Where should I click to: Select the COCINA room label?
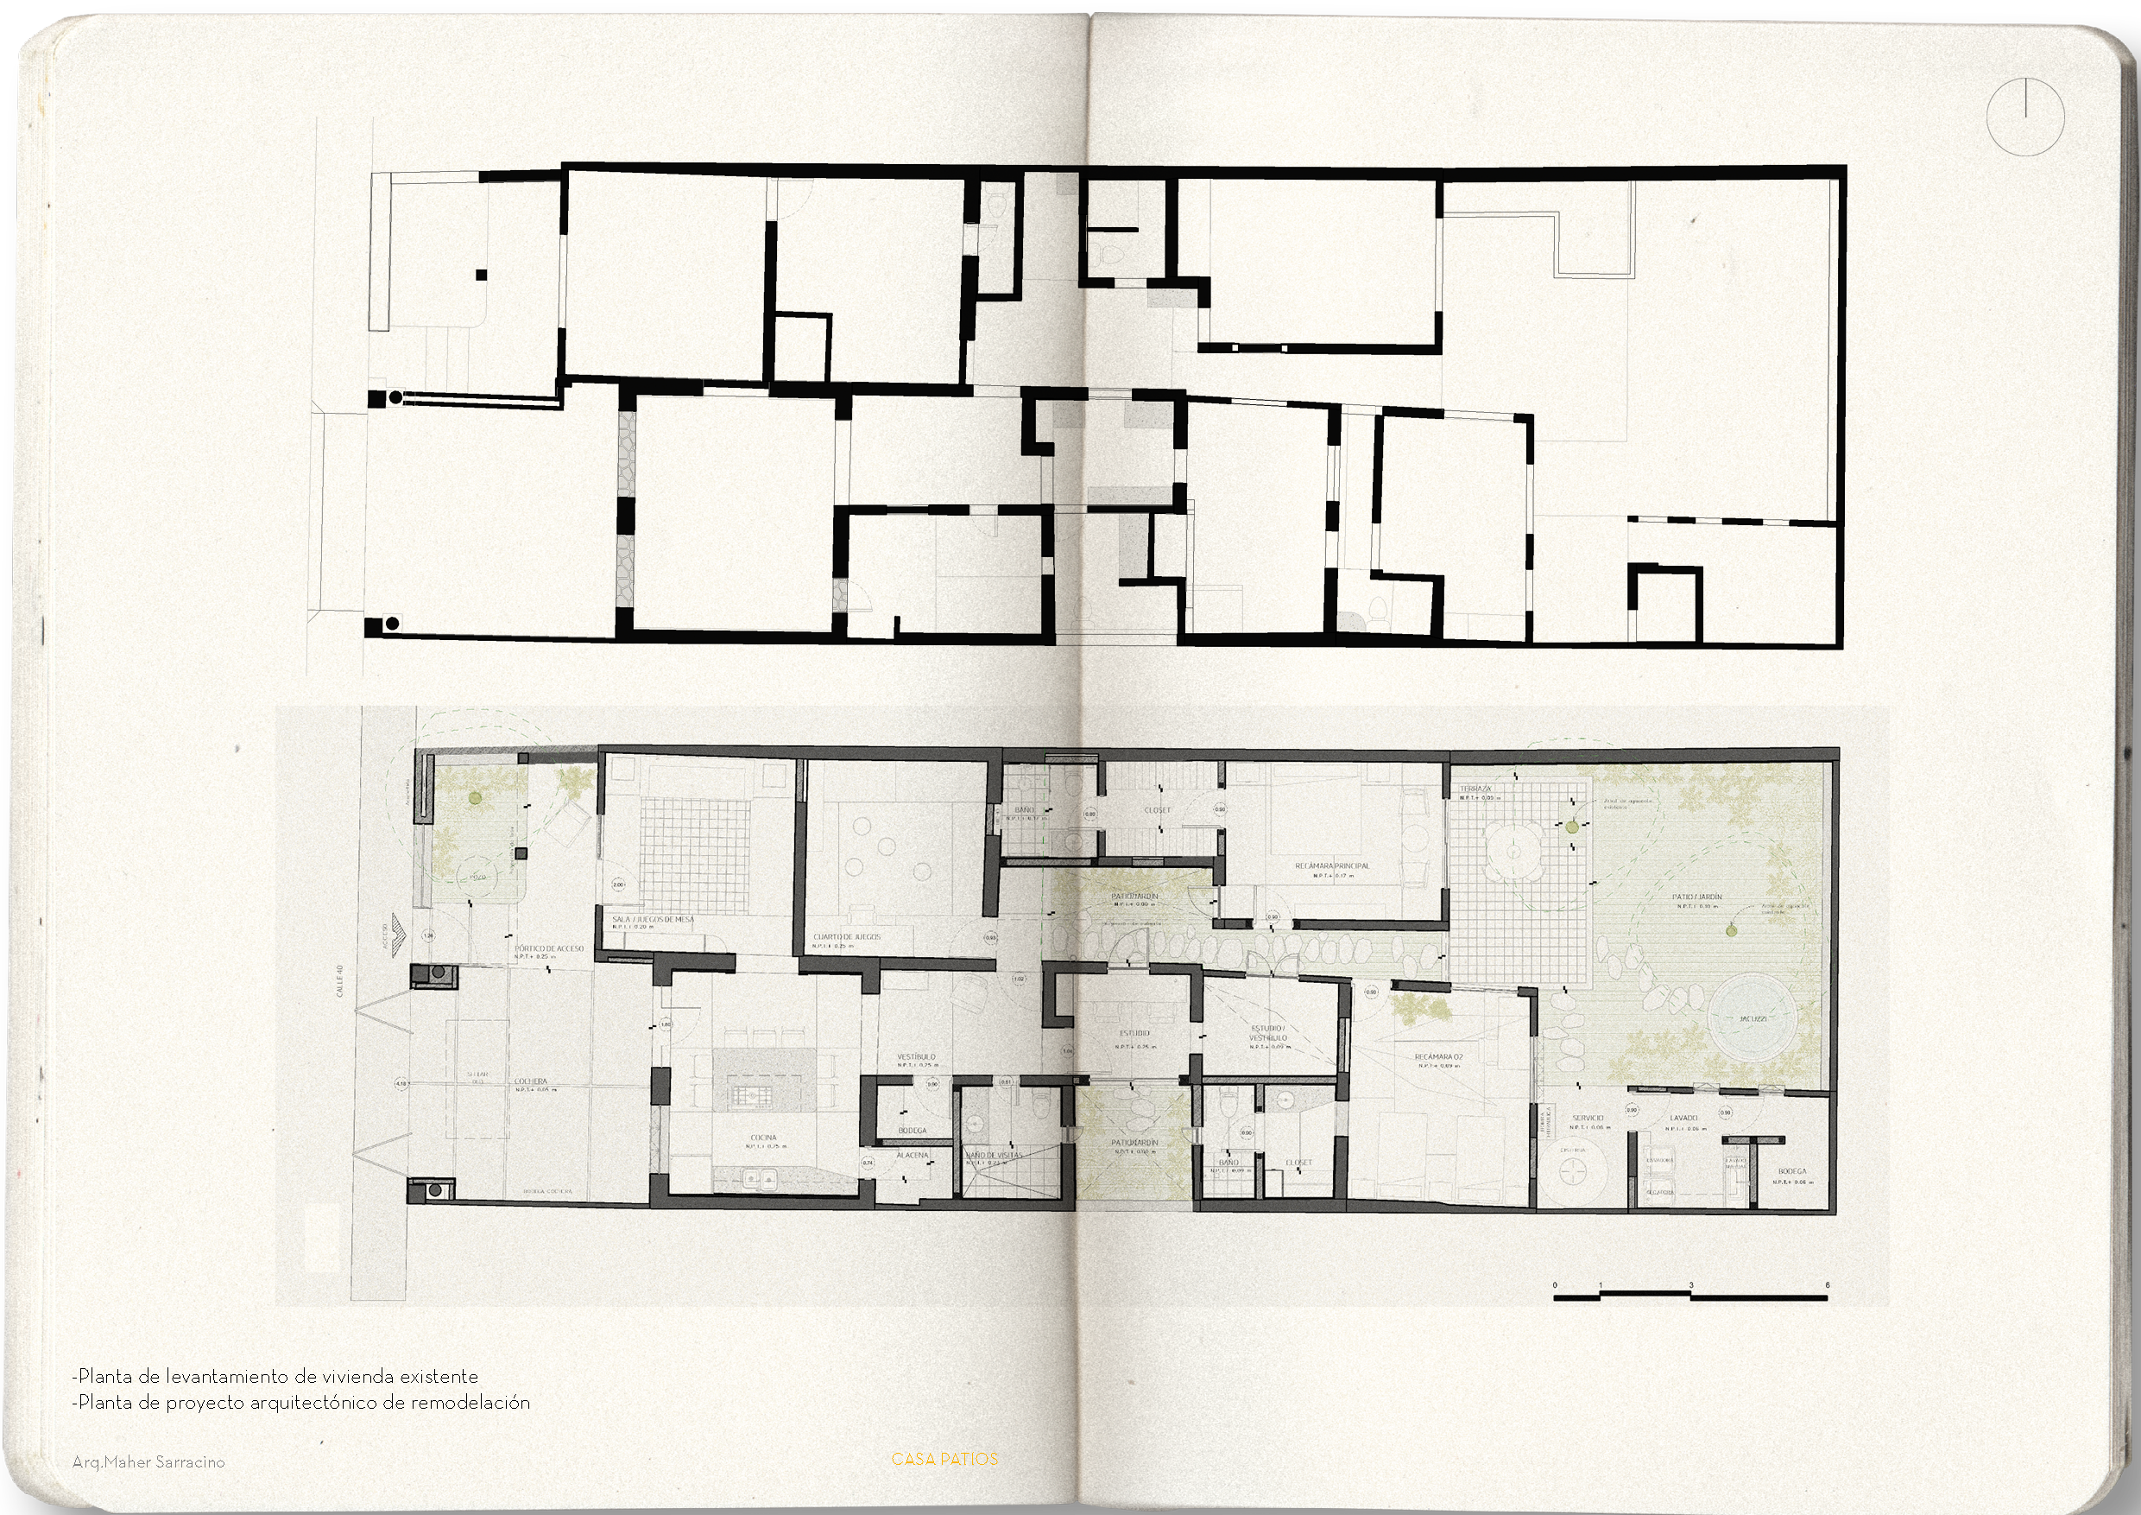coord(763,1138)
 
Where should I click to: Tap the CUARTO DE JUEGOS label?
coord(847,936)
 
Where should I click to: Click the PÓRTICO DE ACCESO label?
coord(549,948)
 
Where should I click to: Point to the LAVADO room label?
coord(1683,1118)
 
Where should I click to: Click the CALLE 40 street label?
coord(341,981)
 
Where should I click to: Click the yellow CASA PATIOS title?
coord(944,1459)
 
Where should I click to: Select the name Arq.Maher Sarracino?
coord(148,1461)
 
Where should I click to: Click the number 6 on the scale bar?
coord(1827,1284)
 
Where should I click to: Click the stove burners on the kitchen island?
coord(752,1094)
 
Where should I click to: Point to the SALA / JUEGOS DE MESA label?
coord(653,920)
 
